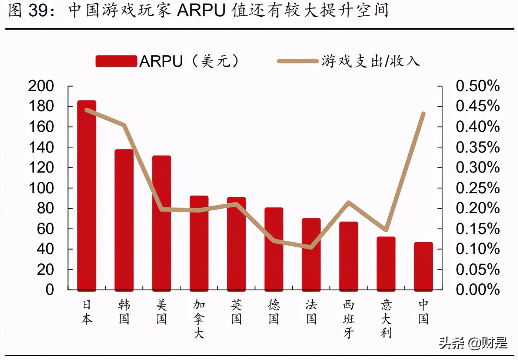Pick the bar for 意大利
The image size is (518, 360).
coord(386,263)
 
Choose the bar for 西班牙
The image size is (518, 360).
coord(348,256)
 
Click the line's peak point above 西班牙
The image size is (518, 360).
coord(348,202)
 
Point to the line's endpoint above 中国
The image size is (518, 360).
coord(423,114)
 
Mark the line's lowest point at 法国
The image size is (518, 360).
coord(311,247)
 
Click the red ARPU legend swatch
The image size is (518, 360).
coord(116,61)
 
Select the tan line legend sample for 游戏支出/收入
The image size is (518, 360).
coord(298,61)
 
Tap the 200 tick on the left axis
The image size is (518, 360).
coord(41,86)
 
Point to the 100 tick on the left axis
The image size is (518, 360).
coord(41,188)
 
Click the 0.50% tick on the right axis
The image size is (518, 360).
coord(477,86)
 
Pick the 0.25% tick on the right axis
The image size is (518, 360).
coord(477,188)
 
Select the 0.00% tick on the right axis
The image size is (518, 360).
coord(477,290)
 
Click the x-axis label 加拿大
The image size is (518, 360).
coord(199,319)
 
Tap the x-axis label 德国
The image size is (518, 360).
coord(274,312)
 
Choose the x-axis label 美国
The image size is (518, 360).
coord(162,312)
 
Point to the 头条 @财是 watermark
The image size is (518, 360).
coord(473,343)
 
